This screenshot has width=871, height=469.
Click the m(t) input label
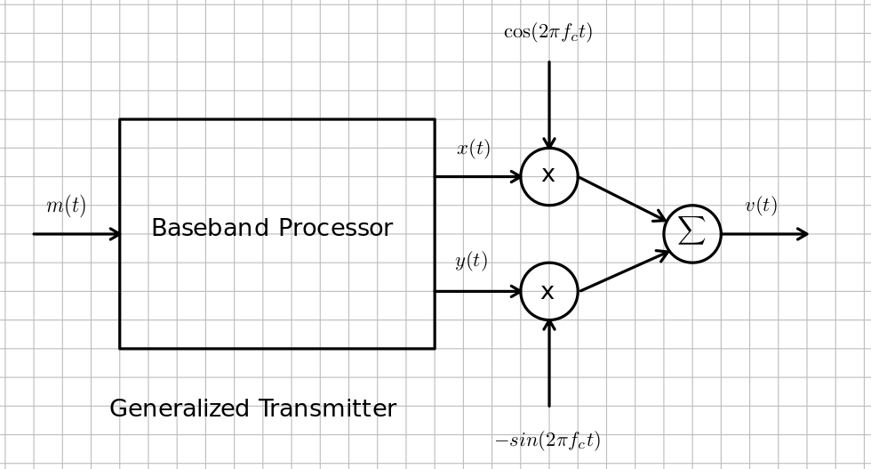(x=66, y=206)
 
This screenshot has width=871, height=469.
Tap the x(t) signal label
(x=474, y=149)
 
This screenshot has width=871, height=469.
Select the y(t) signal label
(x=471, y=261)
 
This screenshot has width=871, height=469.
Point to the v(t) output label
(x=761, y=206)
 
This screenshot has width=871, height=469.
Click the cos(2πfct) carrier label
(x=547, y=32)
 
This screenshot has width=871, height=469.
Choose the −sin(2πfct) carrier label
(x=547, y=441)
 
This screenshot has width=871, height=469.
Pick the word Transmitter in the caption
(x=326, y=409)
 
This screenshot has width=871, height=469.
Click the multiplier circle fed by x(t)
(x=549, y=176)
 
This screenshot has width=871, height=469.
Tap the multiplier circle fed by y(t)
(x=549, y=291)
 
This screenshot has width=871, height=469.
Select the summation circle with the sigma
(x=692, y=234)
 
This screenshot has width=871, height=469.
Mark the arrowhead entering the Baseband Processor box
(x=115, y=234)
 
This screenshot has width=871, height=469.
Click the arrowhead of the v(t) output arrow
(x=803, y=234)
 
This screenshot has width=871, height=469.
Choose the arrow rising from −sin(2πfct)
(x=549, y=365)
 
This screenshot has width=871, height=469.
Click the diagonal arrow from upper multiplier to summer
(x=622, y=198)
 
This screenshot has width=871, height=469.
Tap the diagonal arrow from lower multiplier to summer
(x=622, y=271)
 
